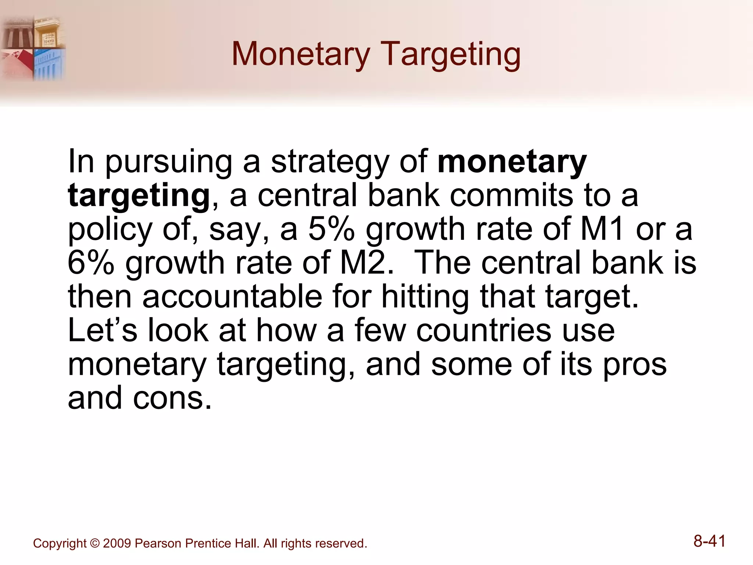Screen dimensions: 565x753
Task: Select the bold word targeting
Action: click(x=139, y=196)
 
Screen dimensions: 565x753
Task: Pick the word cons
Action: click(x=172, y=398)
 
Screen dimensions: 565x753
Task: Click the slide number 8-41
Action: click(x=709, y=541)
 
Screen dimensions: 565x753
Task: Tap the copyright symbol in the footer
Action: click(x=95, y=544)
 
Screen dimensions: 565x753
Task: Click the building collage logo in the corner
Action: click(x=33, y=48)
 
